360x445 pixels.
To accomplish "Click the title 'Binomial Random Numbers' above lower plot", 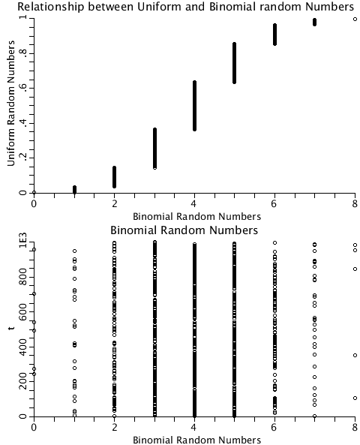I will click(184, 230).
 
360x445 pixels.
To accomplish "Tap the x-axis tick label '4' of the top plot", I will click(194, 203).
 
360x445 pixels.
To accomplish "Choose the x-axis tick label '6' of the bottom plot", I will click(274, 427).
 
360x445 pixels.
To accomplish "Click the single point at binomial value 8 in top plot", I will click(355, 19).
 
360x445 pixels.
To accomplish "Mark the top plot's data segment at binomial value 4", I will click(194, 105).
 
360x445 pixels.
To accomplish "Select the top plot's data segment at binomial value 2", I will click(114, 177).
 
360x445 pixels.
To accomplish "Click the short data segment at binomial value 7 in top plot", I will click(314, 22).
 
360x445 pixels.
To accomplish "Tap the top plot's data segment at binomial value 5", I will click(234, 73).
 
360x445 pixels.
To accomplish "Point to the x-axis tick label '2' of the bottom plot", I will click(114, 427).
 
